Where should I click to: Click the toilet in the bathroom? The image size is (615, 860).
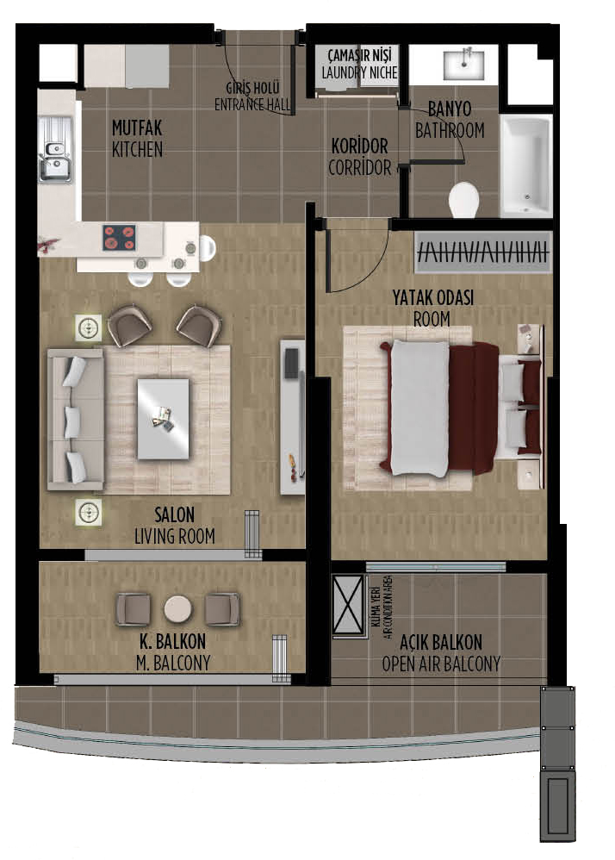pos(463,200)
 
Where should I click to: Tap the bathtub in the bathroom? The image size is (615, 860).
pos(525,165)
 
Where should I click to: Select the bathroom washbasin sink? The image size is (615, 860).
pos(463,65)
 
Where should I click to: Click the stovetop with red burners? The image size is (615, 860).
pos(119,238)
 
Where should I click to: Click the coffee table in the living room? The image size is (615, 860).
pos(163,419)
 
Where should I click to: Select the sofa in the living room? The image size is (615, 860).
pos(76,419)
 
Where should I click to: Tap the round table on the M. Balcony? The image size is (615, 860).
pos(177,609)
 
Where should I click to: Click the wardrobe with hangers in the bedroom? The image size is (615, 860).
pos(483,252)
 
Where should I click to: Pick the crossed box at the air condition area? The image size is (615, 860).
pos(349,605)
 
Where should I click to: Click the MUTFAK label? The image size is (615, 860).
pos(137,128)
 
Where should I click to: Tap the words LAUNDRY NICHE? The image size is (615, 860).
pos(359,72)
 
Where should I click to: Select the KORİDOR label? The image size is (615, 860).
pos(359,146)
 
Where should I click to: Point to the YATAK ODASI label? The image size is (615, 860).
pos(433,298)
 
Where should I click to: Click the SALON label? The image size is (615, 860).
pos(174,514)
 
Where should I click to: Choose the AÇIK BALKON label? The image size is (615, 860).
pos(441,642)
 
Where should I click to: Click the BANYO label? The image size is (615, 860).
pos(450,109)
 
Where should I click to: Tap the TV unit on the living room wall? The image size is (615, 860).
pos(292,417)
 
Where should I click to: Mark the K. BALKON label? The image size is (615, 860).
pos(172,641)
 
